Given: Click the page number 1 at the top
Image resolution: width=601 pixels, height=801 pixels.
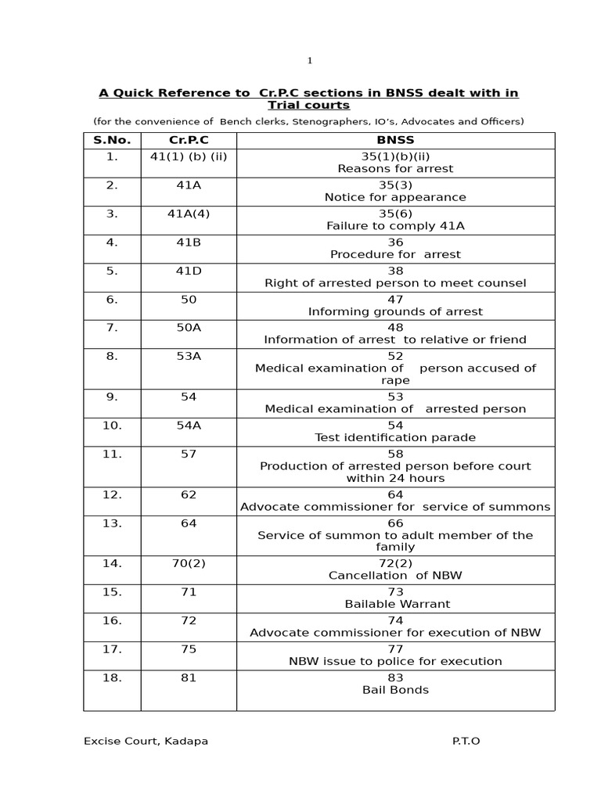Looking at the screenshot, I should [310, 60].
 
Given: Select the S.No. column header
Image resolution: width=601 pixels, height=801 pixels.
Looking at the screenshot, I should [112, 141].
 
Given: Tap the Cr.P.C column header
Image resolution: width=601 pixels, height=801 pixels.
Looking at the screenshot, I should [189, 141].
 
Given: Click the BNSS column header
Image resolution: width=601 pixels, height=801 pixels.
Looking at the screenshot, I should [395, 141].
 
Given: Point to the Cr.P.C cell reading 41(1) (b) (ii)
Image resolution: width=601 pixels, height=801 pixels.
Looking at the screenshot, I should [189, 156].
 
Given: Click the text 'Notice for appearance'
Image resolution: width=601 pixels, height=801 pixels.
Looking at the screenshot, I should [395, 197].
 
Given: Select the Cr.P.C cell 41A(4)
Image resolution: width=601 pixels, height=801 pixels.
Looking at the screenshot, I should [189, 214].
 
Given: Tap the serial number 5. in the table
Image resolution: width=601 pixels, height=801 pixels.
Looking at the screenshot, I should [112, 271].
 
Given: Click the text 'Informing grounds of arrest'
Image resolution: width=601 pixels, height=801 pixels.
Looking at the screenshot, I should [395, 311].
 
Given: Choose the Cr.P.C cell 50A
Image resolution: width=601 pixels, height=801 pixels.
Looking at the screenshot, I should [189, 328].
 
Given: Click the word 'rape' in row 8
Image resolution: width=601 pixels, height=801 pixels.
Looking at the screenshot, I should [395, 380].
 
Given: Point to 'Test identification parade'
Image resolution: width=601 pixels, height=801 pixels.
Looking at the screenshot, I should [395, 437].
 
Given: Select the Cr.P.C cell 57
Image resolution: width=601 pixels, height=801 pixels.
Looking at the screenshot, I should [189, 454].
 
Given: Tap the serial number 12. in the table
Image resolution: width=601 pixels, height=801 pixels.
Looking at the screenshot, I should [112, 495].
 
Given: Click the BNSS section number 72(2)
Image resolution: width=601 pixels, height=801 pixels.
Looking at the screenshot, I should [395, 563].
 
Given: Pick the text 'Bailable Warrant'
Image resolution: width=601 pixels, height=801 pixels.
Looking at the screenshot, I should [395, 604].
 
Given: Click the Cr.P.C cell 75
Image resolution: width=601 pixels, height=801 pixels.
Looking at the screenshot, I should [189, 649].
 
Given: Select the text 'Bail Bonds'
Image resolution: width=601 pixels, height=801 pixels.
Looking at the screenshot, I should [395, 690].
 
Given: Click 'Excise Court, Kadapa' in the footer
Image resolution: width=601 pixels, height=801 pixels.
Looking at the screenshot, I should [146, 741].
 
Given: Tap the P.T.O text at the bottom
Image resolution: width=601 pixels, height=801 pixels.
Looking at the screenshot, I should [466, 741].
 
